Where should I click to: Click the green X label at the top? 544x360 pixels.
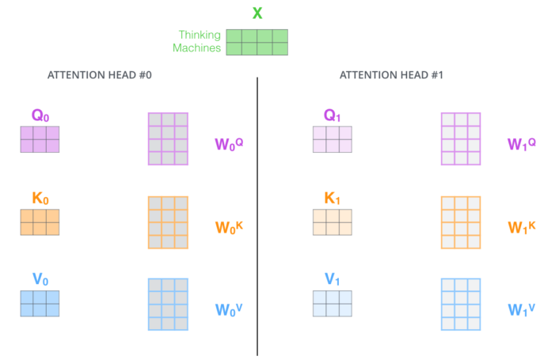(257, 13)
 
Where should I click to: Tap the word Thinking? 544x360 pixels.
(200, 36)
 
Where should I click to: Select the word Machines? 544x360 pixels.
(196, 47)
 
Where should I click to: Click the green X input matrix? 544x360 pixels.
(257, 42)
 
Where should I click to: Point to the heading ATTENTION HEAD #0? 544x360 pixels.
(100, 75)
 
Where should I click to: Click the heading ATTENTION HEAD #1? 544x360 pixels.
(391, 75)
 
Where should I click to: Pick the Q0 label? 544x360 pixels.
(40, 116)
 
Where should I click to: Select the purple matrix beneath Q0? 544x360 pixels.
(40, 139)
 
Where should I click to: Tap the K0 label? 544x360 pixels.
(40, 199)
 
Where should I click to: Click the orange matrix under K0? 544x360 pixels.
(40, 222)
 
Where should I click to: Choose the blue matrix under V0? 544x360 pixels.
(40, 304)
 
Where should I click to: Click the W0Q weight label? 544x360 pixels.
(229, 144)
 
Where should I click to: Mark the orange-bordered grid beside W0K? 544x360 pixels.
(168, 222)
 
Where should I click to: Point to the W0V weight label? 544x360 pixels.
(229, 309)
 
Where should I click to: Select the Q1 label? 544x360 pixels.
(332, 116)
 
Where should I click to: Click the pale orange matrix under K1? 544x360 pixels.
(333, 222)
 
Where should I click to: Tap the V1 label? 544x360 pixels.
(332, 279)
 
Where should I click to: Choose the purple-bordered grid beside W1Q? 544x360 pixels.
(461, 138)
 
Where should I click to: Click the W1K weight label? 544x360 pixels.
(522, 228)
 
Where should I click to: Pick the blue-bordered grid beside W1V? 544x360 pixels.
(461, 304)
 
